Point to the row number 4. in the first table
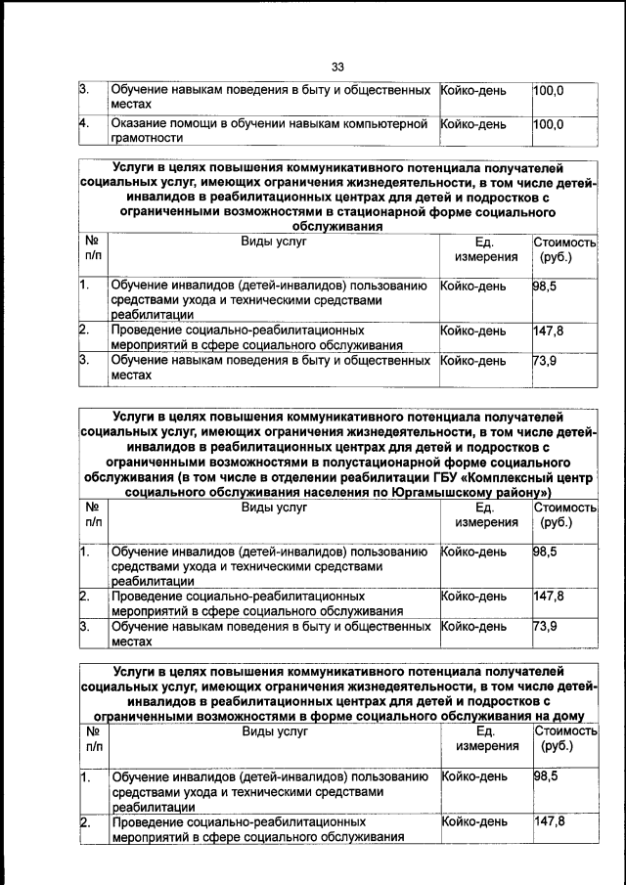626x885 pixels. (x=85, y=124)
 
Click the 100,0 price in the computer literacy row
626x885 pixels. (x=549, y=124)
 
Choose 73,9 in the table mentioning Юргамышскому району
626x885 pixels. (x=545, y=626)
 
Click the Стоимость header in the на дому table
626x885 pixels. (x=564, y=730)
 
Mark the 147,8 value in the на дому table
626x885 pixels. (x=549, y=820)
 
